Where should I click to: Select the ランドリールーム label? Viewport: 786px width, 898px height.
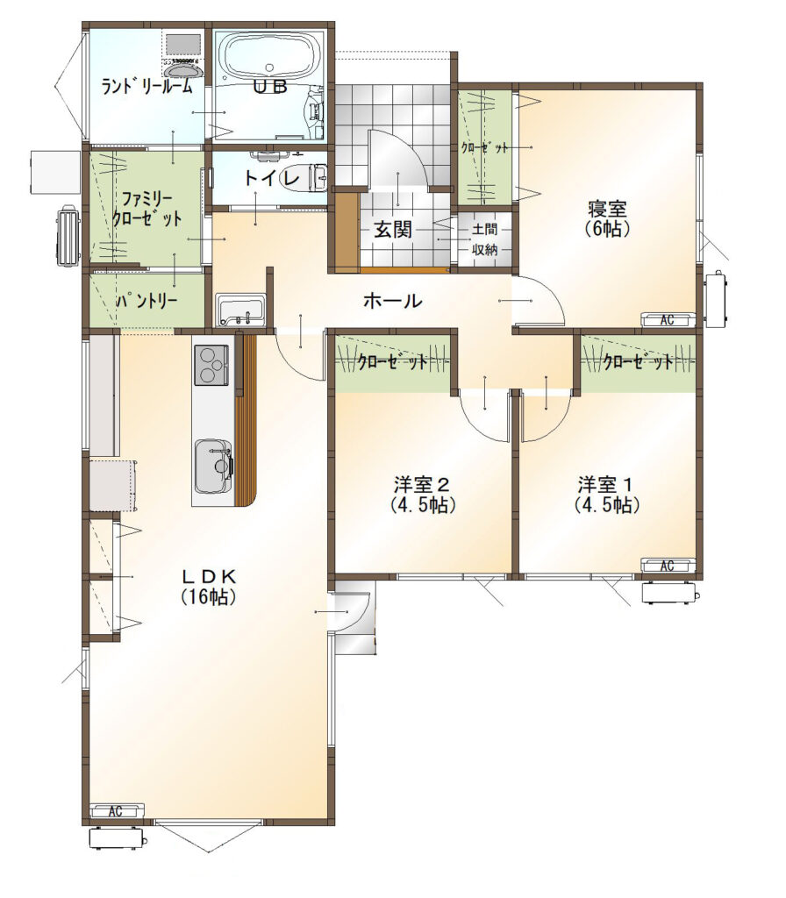(146, 86)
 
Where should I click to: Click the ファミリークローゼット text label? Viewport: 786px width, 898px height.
(146, 209)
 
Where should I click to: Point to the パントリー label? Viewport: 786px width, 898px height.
(147, 302)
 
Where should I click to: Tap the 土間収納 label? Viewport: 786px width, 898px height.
(485, 239)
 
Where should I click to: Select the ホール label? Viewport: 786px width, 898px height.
(392, 301)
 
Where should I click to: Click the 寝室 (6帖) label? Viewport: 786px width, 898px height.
(606, 218)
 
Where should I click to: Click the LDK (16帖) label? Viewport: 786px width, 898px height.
(208, 586)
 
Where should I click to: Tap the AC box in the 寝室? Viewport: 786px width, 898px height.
(668, 320)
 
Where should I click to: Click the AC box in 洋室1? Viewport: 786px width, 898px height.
(668, 566)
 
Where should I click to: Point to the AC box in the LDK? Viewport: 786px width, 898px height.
(115, 811)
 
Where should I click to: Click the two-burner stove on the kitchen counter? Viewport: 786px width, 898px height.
(211, 364)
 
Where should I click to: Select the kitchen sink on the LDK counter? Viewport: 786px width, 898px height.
(213, 466)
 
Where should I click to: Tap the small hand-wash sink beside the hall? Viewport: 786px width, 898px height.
(239, 310)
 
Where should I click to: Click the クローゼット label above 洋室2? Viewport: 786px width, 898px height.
(392, 360)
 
